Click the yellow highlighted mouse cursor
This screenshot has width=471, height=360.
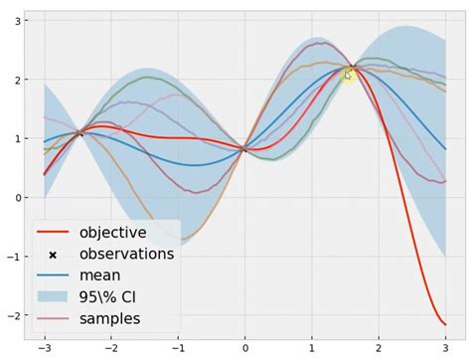(x=350, y=75)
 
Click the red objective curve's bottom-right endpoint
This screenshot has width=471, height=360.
(x=445, y=325)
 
